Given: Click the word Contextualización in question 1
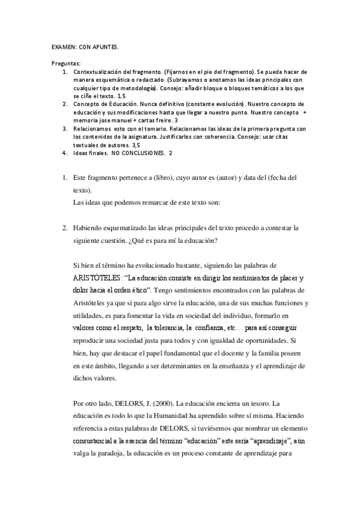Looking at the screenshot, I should (99, 72).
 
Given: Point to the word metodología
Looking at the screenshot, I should (135, 87).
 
